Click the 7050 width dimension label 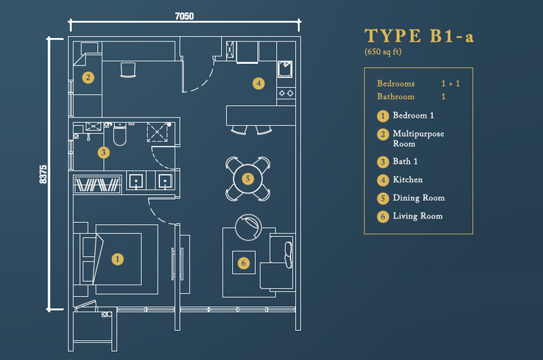click(x=184, y=16)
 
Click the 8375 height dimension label click(x=43, y=175)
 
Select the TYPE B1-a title click(x=419, y=36)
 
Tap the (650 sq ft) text click(x=383, y=52)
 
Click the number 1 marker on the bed click(x=117, y=259)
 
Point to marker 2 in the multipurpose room click(x=88, y=77)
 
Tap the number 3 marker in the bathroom click(x=104, y=152)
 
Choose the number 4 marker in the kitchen click(x=259, y=83)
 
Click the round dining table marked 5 click(x=248, y=179)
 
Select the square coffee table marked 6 click(x=244, y=263)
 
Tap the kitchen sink click(x=285, y=69)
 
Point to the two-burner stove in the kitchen click(x=286, y=93)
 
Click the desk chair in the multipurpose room click(x=128, y=70)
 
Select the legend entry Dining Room click(x=419, y=198)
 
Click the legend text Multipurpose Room click(x=418, y=139)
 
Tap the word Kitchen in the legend click(x=408, y=179)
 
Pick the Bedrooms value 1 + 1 click(x=451, y=84)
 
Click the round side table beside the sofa click(x=248, y=228)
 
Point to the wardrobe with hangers click(x=98, y=185)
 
